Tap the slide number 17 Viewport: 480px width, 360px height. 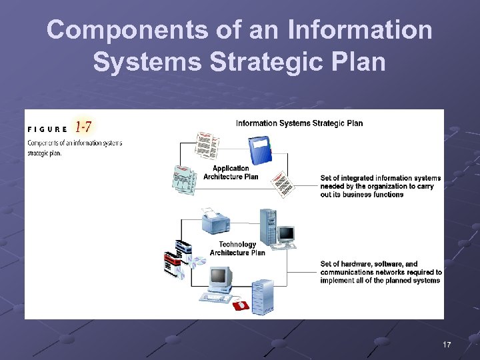pyautogui.click(x=447, y=344)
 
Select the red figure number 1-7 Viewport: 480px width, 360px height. pyautogui.click(x=84, y=126)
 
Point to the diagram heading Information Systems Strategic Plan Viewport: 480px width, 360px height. pyautogui.click(x=299, y=123)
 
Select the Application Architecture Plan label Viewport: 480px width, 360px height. pyautogui.click(x=231, y=173)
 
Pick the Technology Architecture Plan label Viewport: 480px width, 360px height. pyautogui.click(x=237, y=249)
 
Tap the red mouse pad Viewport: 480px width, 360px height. pyautogui.click(x=240, y=305)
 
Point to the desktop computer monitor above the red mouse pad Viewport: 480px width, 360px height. pyautogui.click(x=219, y=281)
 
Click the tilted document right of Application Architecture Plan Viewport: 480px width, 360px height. pyautogui.click(x=283, y=184)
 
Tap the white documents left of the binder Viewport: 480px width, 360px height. pyautogui.click(x=206, y=145)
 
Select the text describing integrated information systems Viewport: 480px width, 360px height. pyautogui.click(x=380, y=186)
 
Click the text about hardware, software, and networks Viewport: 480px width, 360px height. pyautogui.click(x=381, y=272)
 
